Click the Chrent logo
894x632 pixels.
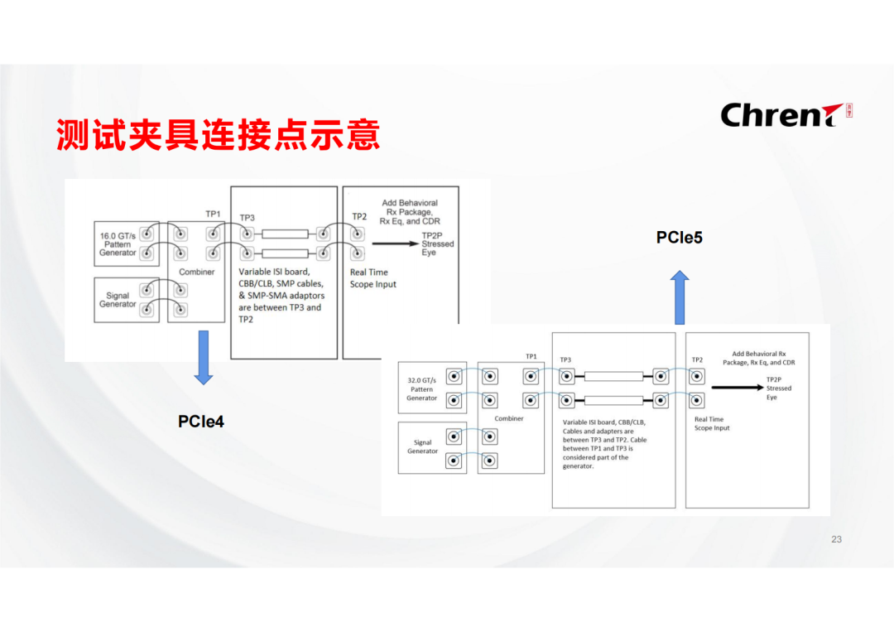pyautogui.click(x=786, y=114)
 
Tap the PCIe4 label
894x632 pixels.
pyautogui.click(x=201, y=422)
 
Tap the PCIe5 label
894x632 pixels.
pyautogui.click(x=680, y=238)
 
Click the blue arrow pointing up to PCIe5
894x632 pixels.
pyautogui.click(x=680, y=297)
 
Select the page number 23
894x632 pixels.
pyautogui.click(x=836, y=539)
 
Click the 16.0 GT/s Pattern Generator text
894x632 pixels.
pyautogui.click(x=118, y=244)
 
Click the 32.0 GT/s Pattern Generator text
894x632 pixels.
pyautogui.click(x=421, y=388)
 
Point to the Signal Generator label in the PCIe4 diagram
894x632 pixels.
pyautogui.click(x=118, y=300)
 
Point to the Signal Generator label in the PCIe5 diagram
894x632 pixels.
pyautogui.click(x=422, y=446)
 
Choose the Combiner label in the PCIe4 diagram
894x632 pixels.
pyautogui.click(x=197, y=272)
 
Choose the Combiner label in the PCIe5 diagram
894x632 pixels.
pyautogui.click(x=509, y=418)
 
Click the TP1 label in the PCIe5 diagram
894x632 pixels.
pyautogui.click(x=531, y=356)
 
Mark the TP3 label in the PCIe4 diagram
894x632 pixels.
pyautogui.click(x=248, y=218)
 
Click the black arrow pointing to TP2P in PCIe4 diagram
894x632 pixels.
pyautogui.click(x=395, y=244)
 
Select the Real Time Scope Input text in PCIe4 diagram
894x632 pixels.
pyautogui.click(x=373, y=278)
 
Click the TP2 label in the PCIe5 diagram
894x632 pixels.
pyautogui.click(x=697, y=359)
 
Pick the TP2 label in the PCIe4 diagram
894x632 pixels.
pyautogui.click(x=359, y=216)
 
